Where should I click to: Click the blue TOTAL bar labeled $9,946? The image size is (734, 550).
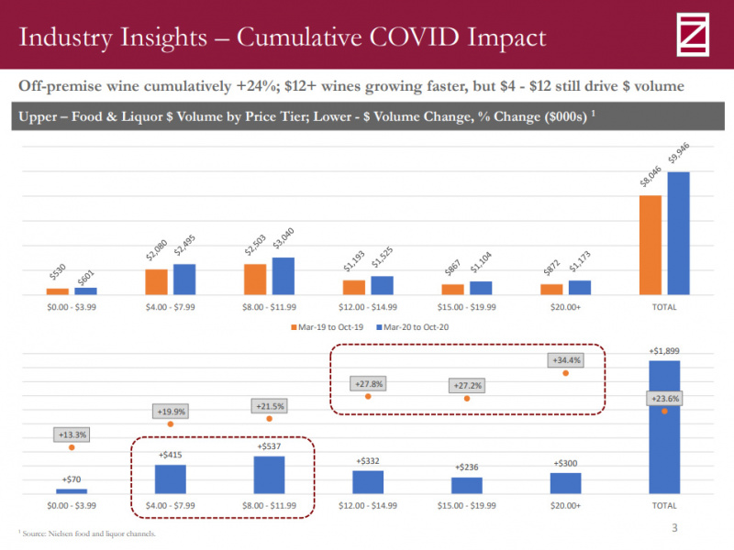coord(678,233)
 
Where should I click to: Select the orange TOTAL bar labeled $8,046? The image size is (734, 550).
coord(651,245)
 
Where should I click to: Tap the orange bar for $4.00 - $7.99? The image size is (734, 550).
coord(157,281)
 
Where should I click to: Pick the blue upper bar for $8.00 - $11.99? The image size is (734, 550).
coord(284,276)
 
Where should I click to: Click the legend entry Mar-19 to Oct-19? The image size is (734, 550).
coord(329,326)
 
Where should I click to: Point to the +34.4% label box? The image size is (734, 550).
coord(565,360)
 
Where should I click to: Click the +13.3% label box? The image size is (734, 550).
coord(71,434)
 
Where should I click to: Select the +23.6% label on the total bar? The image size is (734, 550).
coord(664,399)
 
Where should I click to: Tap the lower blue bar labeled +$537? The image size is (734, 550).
coord(270,475)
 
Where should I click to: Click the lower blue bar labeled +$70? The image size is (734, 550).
coord(72,491)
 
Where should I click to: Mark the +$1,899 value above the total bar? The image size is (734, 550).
coord(664,351)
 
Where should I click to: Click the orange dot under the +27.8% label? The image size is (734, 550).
coord(368,396)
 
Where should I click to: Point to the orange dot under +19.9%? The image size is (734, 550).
coord(171,423)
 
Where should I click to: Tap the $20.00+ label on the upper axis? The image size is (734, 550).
coord(565,307)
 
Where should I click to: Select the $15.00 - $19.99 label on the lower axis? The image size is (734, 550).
coord(467,505)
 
